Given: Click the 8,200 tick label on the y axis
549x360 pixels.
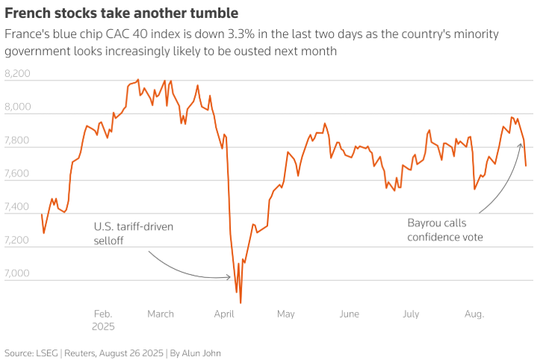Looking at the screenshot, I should coord(17,74).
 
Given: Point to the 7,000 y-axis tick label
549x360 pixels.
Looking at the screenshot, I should coord(17,274).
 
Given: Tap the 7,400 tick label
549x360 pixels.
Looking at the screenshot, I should coord(17,208).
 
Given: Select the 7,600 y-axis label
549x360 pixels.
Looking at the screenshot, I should coord(17,174).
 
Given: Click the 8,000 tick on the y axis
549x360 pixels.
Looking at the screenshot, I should coord(17,108).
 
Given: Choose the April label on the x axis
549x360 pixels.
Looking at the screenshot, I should coord(224,314).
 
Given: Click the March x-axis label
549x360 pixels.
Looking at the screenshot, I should coord(160,314).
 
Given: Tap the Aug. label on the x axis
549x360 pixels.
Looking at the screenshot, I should coord(474,314).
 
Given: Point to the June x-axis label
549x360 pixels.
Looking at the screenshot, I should coord(349,314).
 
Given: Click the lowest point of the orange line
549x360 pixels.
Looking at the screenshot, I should coord(241,302).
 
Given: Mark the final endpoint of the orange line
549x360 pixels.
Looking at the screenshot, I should coord(526,166).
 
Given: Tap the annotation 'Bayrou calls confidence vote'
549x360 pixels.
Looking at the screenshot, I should coord(446,230).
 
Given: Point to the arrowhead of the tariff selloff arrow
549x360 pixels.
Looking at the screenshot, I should coord(230,277).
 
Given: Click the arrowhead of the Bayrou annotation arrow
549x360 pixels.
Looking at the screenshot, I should coord(521,143).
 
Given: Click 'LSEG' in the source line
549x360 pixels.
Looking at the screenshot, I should coord(46,353).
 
